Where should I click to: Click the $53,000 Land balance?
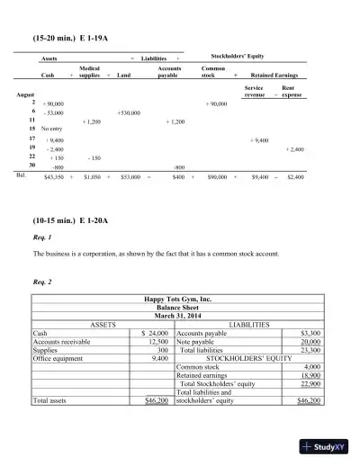(x=130, y=178)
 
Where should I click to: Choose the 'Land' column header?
(x=124, y=76)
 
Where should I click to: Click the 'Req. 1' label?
(x=41, y=237)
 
